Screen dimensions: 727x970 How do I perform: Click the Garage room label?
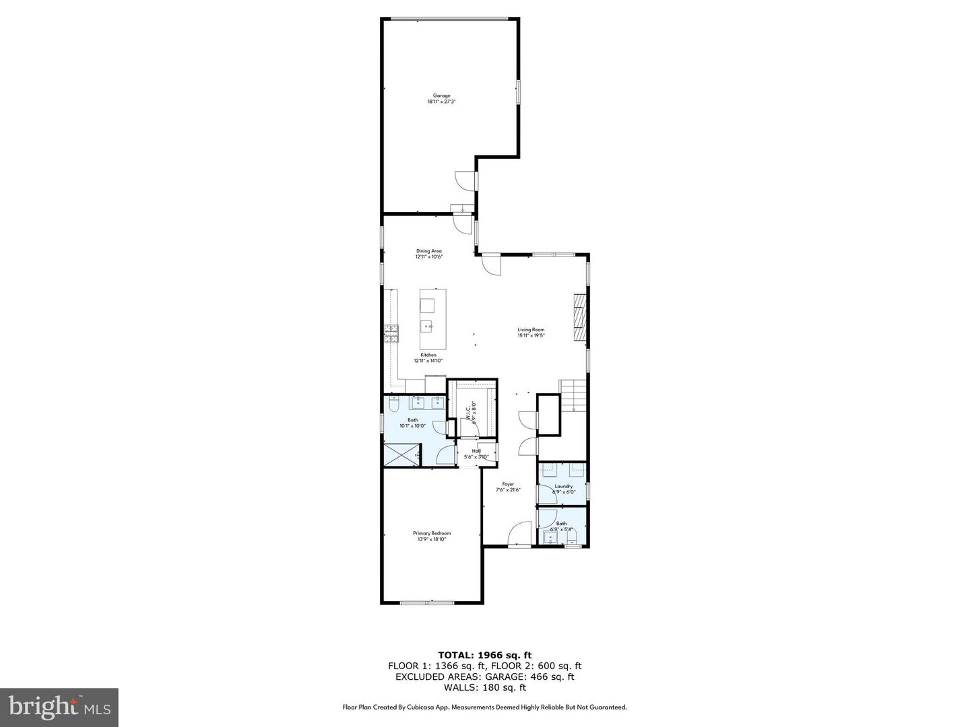point(441,96)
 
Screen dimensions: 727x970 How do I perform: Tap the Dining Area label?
point(428,251)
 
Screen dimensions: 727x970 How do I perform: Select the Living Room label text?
point(531,330)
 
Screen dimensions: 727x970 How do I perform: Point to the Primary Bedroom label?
point(432,533)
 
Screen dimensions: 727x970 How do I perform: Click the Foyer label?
point(508,484)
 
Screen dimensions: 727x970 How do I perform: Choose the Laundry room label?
point(564,486)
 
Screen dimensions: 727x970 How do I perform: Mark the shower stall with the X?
point(401,454)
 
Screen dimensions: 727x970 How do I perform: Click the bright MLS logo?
point(59,707)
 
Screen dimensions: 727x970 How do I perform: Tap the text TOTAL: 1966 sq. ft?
point(484,654)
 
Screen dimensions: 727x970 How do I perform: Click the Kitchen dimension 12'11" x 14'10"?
point(428,360)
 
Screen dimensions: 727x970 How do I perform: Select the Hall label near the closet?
point(476,451)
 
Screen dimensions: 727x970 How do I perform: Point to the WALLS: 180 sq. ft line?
point(484,687)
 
